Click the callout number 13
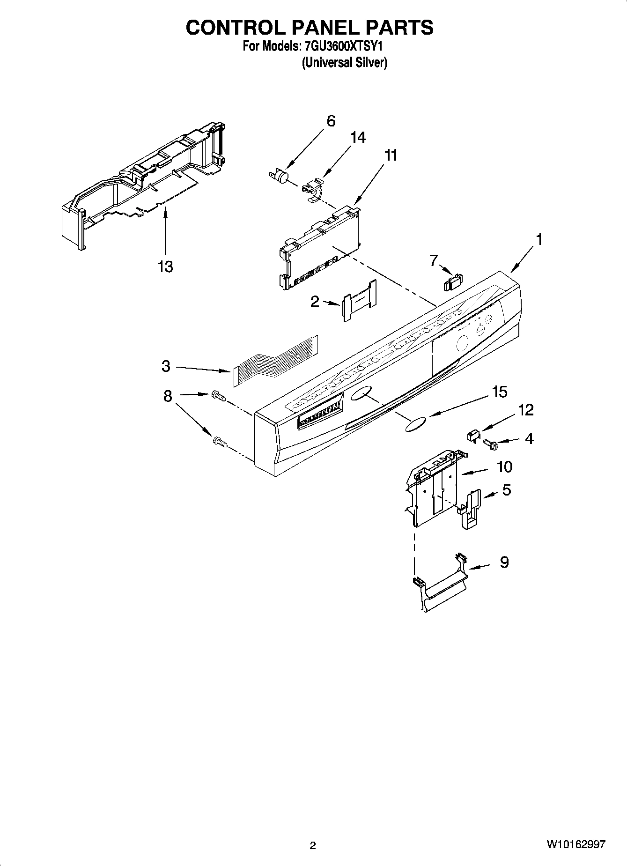(165, 266)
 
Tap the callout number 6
(331, 121)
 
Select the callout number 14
(358, 137)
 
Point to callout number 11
(391, 155)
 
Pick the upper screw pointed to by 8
(218, 395)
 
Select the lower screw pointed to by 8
(219, 441)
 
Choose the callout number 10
(504, 466)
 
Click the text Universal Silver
(344, 62)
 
